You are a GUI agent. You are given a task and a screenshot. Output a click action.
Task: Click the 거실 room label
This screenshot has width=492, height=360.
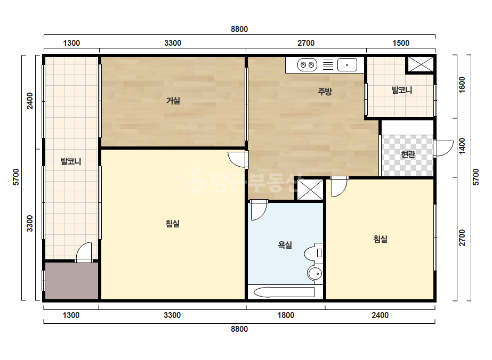173,101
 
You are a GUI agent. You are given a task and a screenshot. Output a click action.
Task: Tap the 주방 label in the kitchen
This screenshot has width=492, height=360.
325,92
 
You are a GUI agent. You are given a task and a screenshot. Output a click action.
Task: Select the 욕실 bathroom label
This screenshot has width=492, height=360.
285,245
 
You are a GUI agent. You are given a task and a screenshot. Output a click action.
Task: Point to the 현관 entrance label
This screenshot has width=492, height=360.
408,154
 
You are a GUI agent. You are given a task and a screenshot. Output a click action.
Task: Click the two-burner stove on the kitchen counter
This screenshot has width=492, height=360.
307,65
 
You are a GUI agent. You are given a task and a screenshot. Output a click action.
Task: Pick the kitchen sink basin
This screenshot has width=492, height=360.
347,65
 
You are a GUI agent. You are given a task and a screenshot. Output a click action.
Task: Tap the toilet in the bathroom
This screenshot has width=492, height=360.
313,253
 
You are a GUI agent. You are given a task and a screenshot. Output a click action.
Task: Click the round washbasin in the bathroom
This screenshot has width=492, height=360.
314,274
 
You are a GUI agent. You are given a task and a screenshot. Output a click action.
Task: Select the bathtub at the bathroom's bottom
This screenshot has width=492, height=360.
284,292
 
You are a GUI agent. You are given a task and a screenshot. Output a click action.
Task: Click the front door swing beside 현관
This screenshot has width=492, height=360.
443,149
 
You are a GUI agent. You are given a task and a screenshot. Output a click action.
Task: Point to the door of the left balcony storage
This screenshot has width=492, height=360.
84,252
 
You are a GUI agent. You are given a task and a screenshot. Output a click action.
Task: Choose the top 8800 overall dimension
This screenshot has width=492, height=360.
239,29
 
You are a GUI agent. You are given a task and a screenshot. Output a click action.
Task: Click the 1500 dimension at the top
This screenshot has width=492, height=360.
401,43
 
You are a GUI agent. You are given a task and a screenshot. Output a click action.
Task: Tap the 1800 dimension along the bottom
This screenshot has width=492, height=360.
286,315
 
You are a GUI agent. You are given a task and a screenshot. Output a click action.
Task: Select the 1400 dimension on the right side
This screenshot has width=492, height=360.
462,146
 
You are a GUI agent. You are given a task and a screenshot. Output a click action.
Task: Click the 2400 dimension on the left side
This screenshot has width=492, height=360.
29,101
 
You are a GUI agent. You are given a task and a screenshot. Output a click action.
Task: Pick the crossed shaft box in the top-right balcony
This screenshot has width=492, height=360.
421,64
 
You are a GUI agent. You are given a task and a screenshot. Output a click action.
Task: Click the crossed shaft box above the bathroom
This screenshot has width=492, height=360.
310,190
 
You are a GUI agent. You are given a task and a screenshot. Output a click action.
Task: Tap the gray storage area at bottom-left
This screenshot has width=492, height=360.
71,281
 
